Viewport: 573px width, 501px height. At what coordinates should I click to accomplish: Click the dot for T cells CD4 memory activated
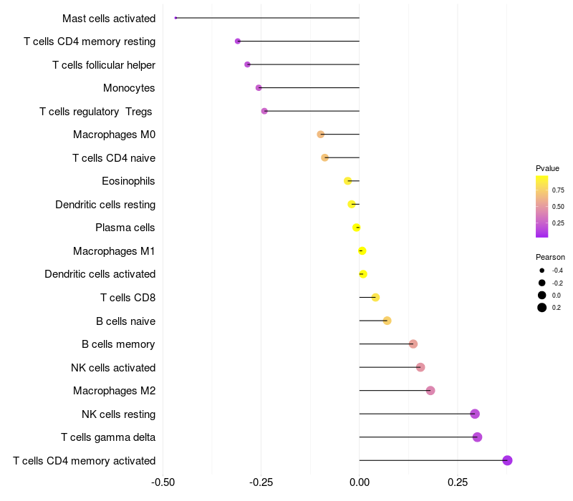tap(507, 460)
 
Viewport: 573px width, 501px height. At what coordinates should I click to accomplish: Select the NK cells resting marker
tap(474, 414)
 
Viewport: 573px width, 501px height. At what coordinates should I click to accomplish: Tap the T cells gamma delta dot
tap(477, 437)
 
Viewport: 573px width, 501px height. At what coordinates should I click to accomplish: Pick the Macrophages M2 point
tap(430, 391)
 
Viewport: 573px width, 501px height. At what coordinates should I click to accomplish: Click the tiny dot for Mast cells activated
tap(175, 18)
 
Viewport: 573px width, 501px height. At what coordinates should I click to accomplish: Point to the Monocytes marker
tap(259, 88)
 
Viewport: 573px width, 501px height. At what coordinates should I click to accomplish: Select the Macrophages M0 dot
tap(321, 135)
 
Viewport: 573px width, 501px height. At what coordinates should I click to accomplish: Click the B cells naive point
tap(387, 321)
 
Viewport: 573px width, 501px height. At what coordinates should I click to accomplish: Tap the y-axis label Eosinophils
tap(128, 181)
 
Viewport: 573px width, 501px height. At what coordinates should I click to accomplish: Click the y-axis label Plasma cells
tap(125, 228)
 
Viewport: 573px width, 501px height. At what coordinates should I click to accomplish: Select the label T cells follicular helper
tap(104, 65)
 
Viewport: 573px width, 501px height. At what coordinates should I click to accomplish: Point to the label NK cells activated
tap(113, 368)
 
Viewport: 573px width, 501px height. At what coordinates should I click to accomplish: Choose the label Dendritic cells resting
tap(105, 205)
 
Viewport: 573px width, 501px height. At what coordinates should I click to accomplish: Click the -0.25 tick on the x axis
tap(261, 482)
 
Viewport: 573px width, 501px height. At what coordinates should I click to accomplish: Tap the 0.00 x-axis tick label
tap(359, 482)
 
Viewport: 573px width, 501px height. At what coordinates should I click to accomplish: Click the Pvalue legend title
tap(547, 168)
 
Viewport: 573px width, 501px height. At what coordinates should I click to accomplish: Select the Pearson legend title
tap(550, 257)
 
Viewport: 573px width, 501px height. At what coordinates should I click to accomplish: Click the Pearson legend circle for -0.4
tap(542, 271)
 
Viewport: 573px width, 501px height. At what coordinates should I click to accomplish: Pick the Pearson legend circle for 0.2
tap(542, 308)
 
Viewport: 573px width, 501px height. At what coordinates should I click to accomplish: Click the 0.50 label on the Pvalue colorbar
tap(558, 207)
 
